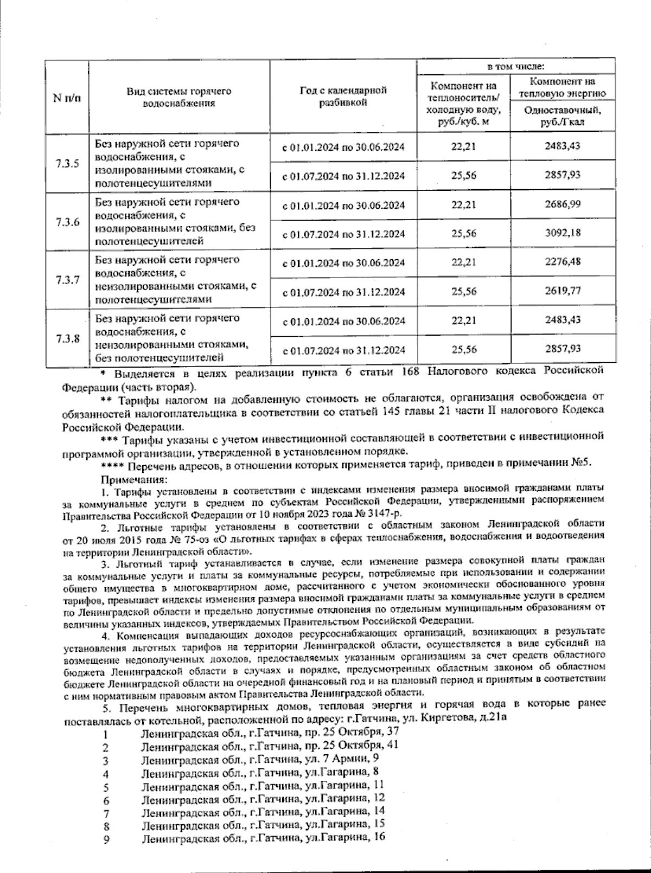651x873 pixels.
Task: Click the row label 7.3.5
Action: (x=67, y=164)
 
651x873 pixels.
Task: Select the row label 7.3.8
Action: (x=67, y=338)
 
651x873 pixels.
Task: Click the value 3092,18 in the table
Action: (x=563, y=234)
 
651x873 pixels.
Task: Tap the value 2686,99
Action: (x=563, y=204)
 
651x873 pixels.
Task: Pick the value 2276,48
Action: (x=563, y=262)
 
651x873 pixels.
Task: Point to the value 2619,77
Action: (x=563, y=291)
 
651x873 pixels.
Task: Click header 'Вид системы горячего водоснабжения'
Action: (x=178, y=97)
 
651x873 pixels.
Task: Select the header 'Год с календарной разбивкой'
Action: (x=343, y=97)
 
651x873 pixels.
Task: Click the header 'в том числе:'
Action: (x=515, y=67)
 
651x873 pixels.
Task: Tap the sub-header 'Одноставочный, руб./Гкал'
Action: (x=563, y=117)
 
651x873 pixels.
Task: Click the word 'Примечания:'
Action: (x=134, y=480)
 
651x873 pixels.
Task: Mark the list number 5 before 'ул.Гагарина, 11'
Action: (x=106, y=787)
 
